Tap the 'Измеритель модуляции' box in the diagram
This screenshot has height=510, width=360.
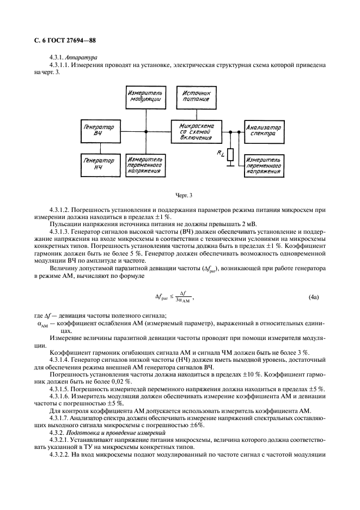point(144,97)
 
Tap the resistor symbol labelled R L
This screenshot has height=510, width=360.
point(231,156)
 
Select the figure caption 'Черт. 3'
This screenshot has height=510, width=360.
point(184,195)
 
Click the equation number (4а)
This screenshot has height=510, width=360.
point(314,297)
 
